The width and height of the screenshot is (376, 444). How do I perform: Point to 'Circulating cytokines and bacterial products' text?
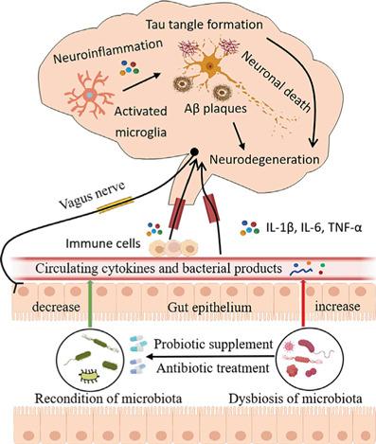point(156,269)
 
